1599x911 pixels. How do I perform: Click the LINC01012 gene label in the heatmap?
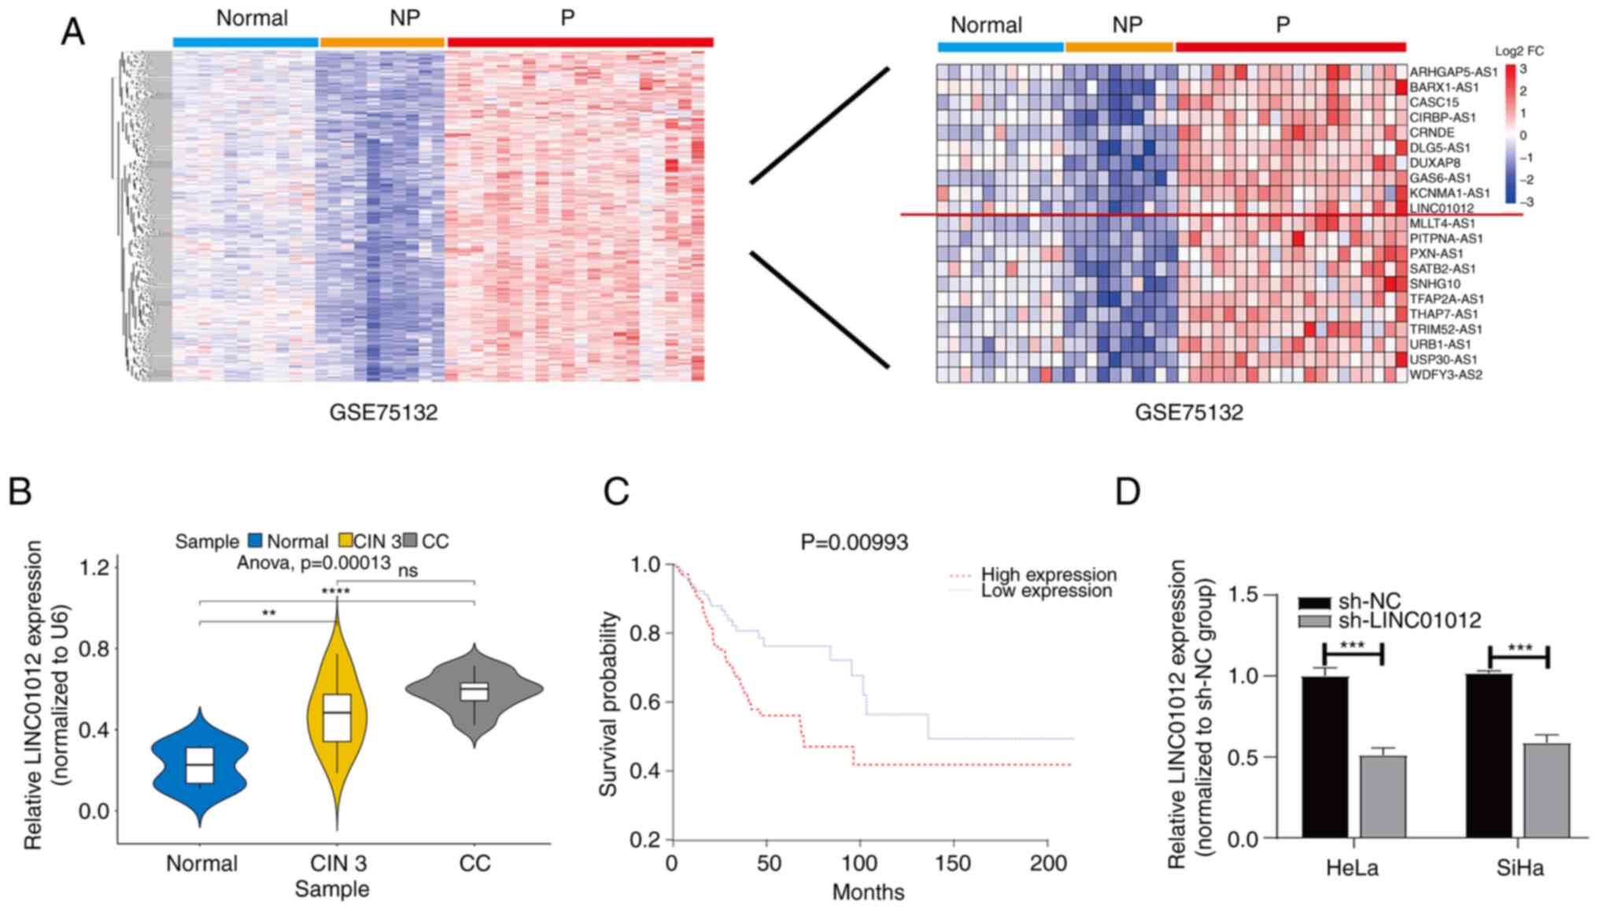(x=1441, y=208)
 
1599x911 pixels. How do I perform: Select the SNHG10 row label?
(x=1435, y=284)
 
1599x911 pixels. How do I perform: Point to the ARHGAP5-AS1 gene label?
(x=1453, y=72)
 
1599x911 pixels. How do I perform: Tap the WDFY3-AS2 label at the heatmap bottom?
(x=1446, y=374)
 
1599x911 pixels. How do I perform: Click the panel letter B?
(x=20, y=492)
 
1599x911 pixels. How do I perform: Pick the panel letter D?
(x=1128, y=492)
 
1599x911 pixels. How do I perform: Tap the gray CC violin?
(x=475, y=692)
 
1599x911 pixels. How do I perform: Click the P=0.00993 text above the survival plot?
(x=854, y=543)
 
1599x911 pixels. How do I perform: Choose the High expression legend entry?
(x=1048, y=575)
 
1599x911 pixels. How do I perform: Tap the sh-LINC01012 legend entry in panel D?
(x=1409, y=621)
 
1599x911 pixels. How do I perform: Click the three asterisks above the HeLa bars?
(x=1352, y=647)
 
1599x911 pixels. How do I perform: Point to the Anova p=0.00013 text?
(x=314, y=563)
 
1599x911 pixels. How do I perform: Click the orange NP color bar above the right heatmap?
(x=1119, y=47)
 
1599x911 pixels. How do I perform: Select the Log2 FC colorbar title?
(x=1519, y=51)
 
